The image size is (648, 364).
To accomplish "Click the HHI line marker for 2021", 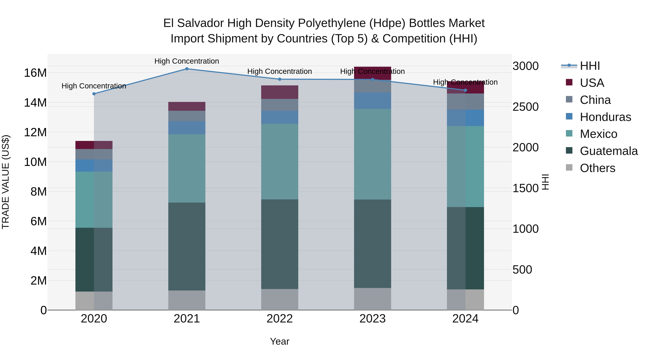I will click(x=187, y=69).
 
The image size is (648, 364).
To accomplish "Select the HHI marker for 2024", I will click(x=465, y=90).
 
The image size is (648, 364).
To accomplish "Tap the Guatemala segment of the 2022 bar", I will click(x=280, y=244).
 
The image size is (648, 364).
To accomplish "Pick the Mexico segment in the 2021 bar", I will click(x=187, y=168).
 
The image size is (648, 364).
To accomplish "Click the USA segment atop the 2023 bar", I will click(x=372, y=73).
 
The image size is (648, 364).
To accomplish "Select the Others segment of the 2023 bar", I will click(x=372, y=299).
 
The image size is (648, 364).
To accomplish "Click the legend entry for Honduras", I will click(x=605, y=117).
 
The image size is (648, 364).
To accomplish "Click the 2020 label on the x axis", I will click(x=94, y=319).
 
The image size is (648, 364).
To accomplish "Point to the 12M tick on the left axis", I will click(x=35, y=132).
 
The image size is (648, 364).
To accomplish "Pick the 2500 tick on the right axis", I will click(x=525, y=107).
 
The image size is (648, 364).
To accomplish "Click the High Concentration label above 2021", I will click(x=187, y=61).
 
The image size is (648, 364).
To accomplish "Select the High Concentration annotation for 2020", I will click(x=94, y=86).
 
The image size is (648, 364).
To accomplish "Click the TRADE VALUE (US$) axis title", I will click(x=6, y=182).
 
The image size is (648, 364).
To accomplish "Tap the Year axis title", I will click(x=280, y=341).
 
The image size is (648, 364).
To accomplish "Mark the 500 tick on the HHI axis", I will click(x=522, y=270).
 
